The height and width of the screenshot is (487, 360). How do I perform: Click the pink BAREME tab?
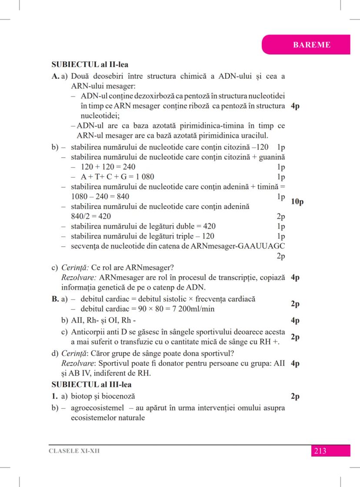[x=312, y=45]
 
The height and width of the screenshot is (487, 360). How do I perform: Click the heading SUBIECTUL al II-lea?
[x=90, y=65]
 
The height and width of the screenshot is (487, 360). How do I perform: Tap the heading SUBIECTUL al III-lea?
[x=91, y=385]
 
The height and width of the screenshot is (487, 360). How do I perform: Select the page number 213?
[x=320, y=451]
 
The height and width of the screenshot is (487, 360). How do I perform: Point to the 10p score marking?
[x=297, y=202]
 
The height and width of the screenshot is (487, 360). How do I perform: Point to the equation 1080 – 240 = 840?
[x=100, y=196]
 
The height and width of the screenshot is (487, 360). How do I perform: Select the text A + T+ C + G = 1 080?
[x=117, y=177]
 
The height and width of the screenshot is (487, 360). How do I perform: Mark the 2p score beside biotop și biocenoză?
[x=295, y=396]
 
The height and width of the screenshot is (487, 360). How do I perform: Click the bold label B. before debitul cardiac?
[x=55, y=299]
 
